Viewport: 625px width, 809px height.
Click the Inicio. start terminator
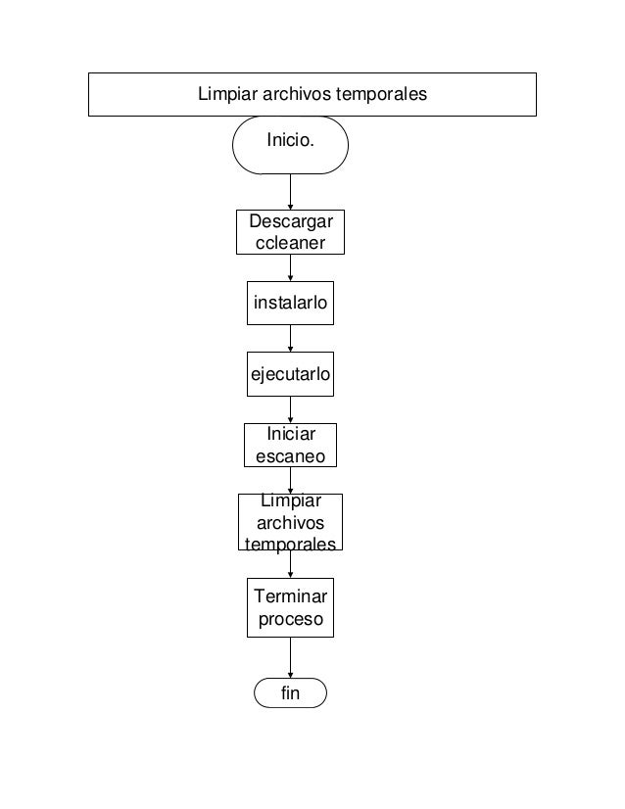[290, 144]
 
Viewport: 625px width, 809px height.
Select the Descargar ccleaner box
[290, 232]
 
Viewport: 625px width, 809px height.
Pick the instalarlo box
[290, 304]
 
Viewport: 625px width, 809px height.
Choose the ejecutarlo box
[290, 374]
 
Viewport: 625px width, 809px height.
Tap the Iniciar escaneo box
[290, 446]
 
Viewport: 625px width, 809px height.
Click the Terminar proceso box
[290, 607]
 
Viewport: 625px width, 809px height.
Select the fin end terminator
[290, 693]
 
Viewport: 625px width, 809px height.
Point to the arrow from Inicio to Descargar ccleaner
[290, 191]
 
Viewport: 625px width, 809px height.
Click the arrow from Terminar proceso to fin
[290, 656]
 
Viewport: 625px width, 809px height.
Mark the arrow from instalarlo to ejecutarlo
[290, 338]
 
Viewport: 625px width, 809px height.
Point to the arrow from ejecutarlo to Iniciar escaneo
[290, 409]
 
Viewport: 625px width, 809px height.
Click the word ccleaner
[290, 242]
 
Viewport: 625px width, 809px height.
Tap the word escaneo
[290, 456]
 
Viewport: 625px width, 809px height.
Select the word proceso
[290, 619]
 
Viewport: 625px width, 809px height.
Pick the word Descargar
[290, 222]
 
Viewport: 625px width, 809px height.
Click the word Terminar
[290, 596]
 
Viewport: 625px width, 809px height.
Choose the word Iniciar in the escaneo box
[290, 435]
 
